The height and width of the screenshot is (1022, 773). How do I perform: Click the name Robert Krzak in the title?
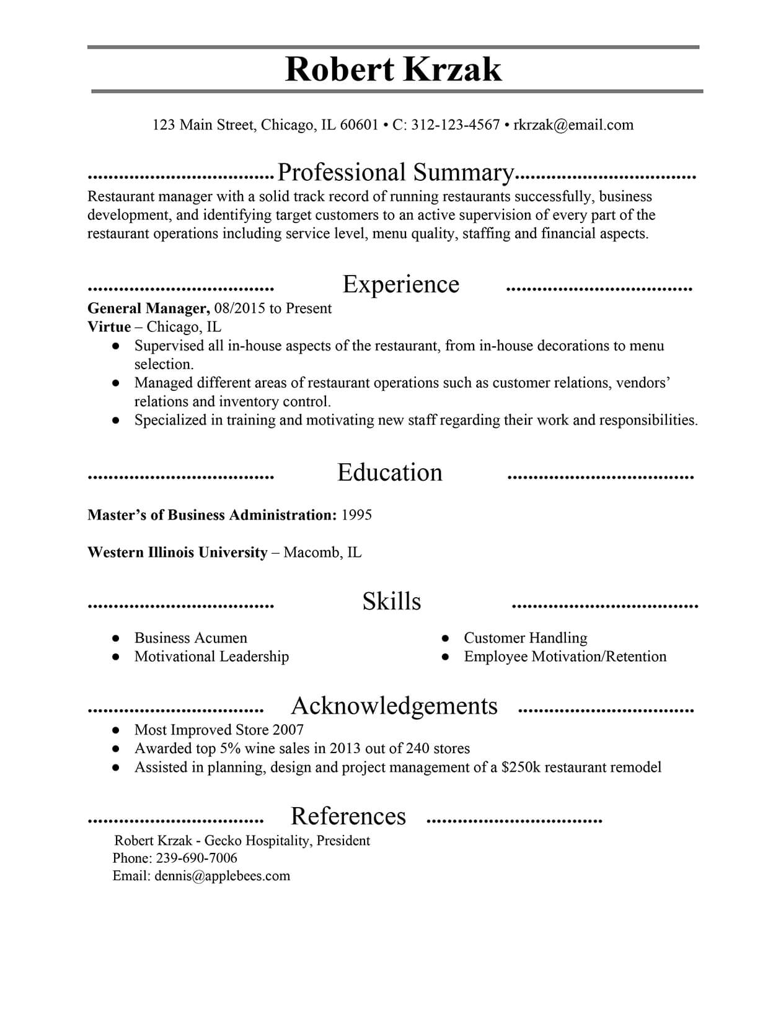pos(393,69)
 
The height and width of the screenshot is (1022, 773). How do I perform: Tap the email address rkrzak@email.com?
pos(573,125)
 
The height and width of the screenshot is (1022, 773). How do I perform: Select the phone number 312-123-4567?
pos(455,125)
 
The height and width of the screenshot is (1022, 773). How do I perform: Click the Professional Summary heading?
pos(395,173)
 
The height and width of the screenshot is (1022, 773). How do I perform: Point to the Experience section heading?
pos(400,284)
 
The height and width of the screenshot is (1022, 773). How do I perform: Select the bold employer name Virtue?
pos(109,327)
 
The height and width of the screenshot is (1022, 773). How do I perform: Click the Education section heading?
pos(389,473)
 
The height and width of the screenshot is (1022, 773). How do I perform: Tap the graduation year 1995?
pos(356,515)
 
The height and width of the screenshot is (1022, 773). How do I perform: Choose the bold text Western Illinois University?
pos(177,552)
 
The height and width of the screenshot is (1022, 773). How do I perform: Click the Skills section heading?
pos(391,601)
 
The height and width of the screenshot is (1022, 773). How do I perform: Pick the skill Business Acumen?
pos(190,638)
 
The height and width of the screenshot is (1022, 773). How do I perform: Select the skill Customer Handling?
pos(525,638)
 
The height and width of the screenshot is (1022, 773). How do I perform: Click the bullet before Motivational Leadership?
pos(115,657)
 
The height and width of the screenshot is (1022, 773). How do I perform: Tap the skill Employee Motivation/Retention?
pos(565,657)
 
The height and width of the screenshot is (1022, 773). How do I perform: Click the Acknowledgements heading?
pos(394,706)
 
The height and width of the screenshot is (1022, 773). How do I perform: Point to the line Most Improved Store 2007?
pos(219,730)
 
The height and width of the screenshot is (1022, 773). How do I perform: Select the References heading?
pos(348,816)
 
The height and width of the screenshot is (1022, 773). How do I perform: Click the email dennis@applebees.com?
pos(222,876)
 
